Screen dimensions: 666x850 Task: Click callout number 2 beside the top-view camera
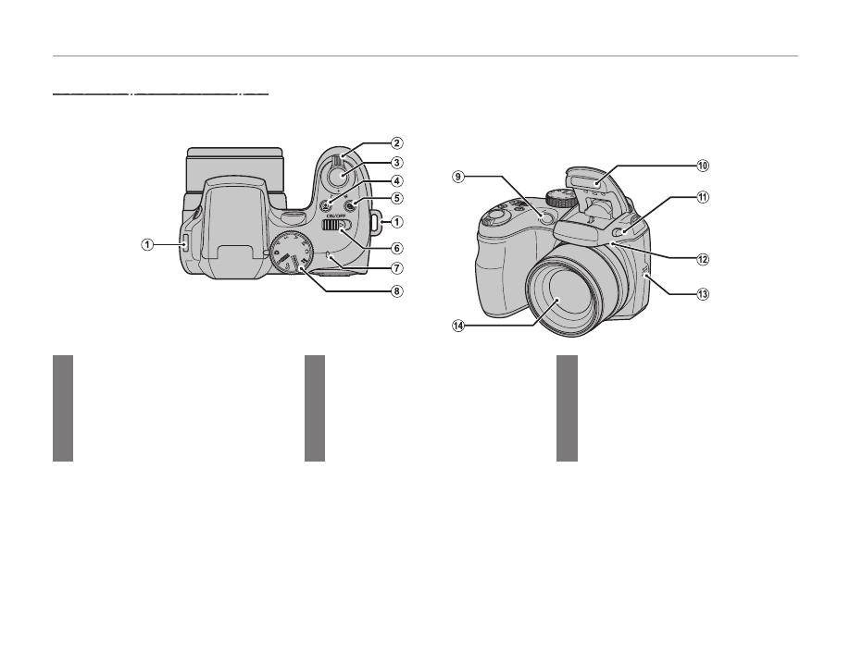tap(396, 143)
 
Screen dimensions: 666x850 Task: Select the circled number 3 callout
tap(396, 163)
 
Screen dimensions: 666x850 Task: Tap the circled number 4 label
tap(396, 181)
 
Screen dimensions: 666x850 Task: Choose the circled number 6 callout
tap(396, 248)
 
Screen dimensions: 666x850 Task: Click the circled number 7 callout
tap(396, 269)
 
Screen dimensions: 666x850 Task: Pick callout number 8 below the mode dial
tap(396, 290)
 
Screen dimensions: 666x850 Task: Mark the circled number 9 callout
tap(458, 175)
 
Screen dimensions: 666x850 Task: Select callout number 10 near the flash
tap(703, 166)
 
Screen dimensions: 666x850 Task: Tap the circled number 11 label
tap(703, 197)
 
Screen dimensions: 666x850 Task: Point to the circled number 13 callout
tap(703, 294)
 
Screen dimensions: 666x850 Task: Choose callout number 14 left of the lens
tap(458, 325)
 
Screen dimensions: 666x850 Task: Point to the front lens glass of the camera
tap(561, 302)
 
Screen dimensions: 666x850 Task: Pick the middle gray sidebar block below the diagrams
tap(315, 408)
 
